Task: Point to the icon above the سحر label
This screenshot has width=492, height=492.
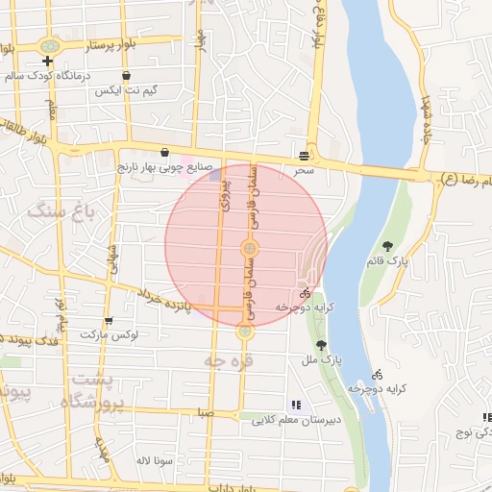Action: (x=305, y=154)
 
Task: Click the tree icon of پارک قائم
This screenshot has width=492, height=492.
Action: (x=387, y=246)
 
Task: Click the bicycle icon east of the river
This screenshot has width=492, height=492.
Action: (x=379, y=374)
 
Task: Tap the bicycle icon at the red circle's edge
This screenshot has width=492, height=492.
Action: (x=306, y=293)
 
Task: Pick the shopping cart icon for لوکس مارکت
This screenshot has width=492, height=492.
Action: (x=109, y=321)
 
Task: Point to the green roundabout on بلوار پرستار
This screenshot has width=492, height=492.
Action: (x=49, y=45)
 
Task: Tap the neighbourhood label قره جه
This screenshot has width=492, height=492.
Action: (x=220, y=360)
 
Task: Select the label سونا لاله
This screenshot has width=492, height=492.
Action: (x=153, y=460)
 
